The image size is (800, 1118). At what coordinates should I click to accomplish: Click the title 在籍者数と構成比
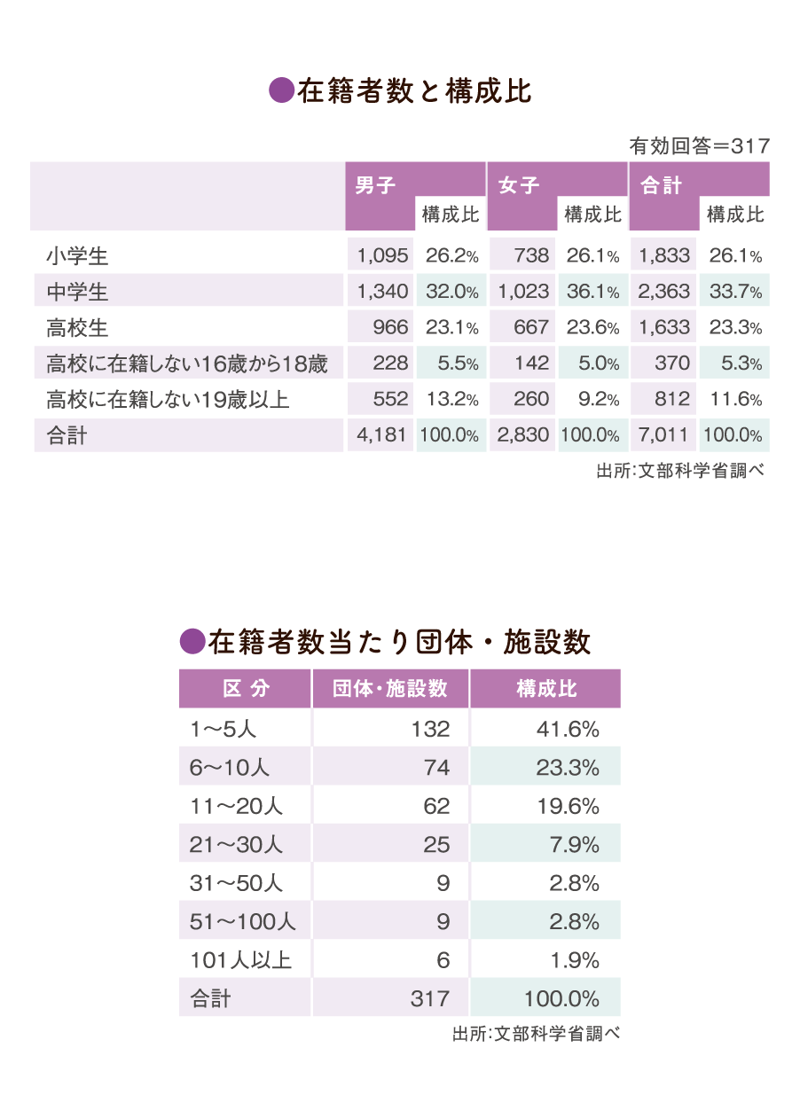414,92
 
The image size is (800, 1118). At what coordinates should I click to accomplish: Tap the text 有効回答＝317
699,146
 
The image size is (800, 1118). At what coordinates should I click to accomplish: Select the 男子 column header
375,185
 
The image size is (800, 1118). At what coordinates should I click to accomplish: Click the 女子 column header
518,185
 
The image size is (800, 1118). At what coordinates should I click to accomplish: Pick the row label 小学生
77,257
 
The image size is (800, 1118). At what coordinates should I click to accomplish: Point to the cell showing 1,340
382,291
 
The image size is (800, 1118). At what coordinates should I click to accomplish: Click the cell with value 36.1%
592,291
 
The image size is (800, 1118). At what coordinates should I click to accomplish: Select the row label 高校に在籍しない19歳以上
168,400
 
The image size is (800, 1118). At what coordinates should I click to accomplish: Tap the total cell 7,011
664,435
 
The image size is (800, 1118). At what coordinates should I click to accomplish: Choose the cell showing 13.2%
452,400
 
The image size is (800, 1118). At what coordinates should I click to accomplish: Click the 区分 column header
246,689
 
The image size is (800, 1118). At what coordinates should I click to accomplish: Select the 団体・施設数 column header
390,689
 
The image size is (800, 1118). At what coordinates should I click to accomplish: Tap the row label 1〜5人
224,730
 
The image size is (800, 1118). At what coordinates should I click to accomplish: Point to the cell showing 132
430,730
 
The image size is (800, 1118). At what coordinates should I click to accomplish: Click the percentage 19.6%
569,807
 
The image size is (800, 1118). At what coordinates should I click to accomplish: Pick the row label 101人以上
240,960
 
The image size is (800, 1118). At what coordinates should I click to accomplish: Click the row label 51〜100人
242,922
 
